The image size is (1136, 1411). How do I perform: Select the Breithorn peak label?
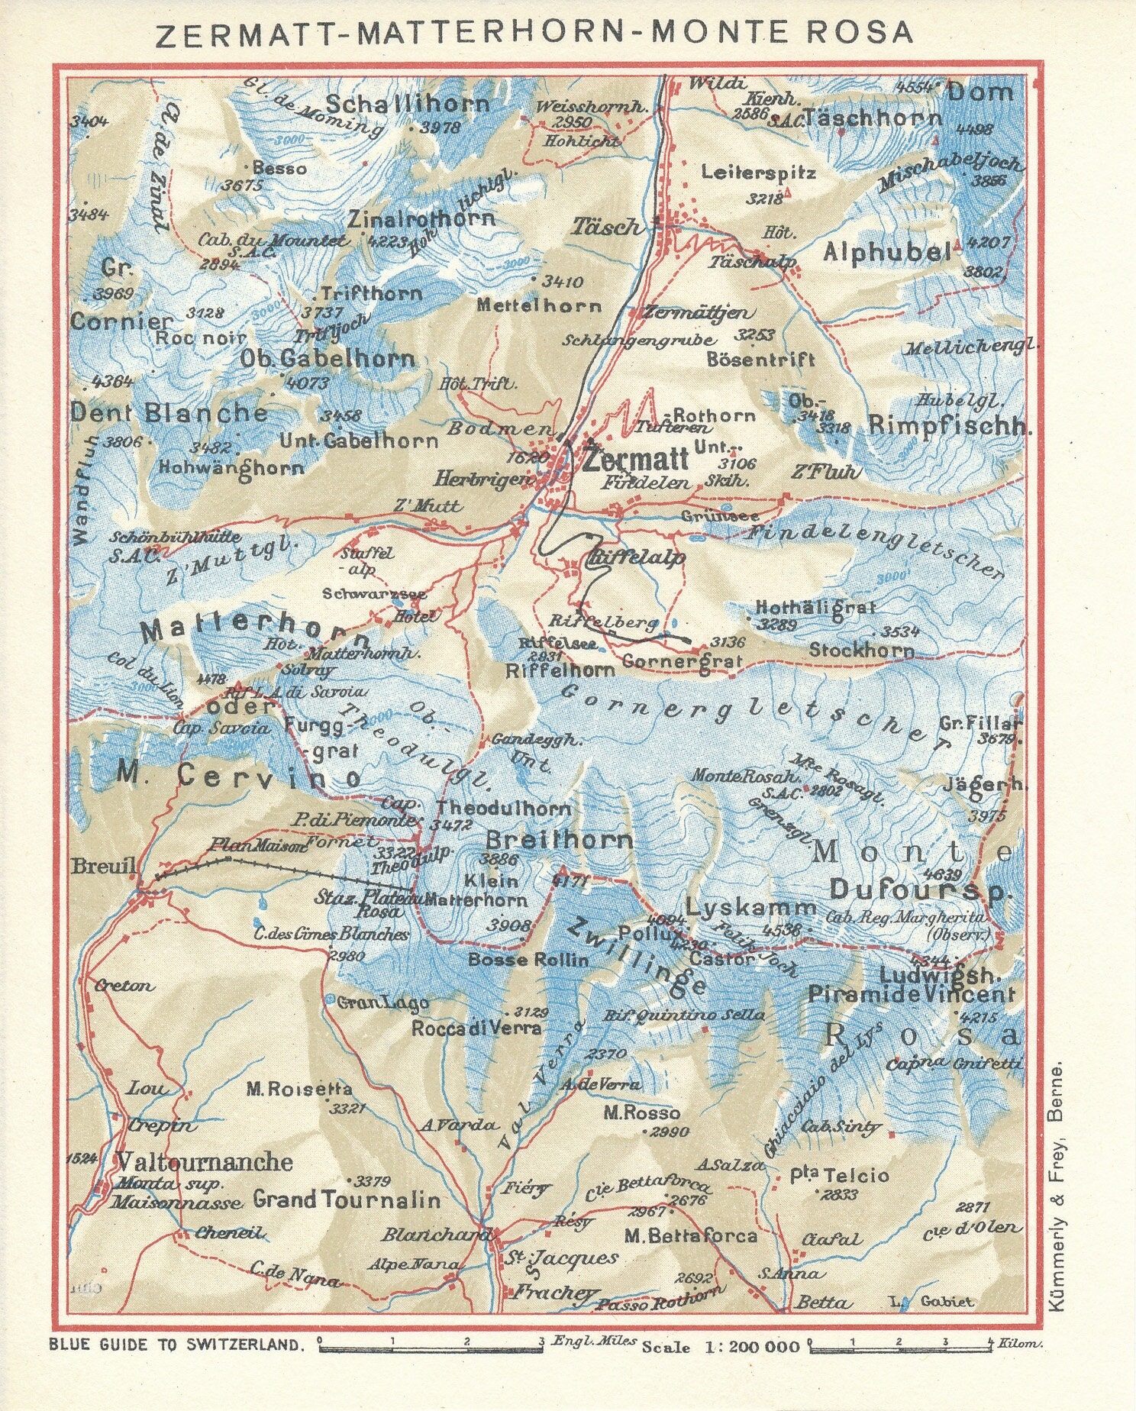point(560,841)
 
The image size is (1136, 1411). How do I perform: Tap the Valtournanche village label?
point(204,1162)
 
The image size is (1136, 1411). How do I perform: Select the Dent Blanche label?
point(169,413)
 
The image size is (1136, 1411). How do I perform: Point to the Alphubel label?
point(886,252)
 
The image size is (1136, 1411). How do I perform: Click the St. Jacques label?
point(563,1258)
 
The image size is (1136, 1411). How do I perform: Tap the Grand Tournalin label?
point(347,1200)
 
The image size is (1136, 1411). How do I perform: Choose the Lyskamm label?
point(750,908)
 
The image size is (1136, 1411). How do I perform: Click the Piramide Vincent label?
point(911,994)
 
